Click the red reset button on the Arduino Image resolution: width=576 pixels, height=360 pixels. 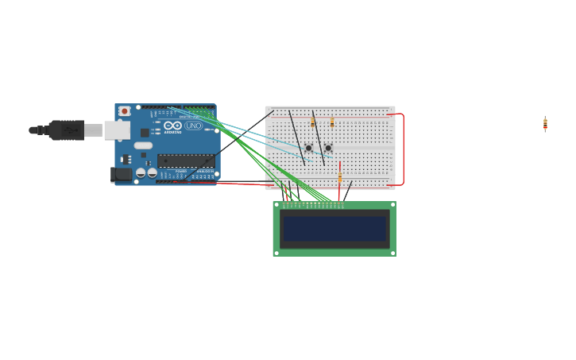click(x=125, y=111)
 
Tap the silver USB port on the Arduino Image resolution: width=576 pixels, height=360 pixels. click(x=117, y=130)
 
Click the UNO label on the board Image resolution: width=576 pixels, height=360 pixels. click(x=194, y=126)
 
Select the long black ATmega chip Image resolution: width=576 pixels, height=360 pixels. click(x=185, y=160)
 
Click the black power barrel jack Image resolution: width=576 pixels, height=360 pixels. click(x=121, y=174)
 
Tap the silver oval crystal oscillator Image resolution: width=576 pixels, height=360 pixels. click(x=143, y=145)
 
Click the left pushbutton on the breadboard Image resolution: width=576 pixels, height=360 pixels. click(x=308, y=148)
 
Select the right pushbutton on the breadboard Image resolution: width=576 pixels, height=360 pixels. click(x=327, y=148)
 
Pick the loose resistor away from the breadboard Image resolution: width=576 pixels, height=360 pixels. click(x=545, y=123)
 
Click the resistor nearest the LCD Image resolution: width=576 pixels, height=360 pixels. click(x=340, y=177)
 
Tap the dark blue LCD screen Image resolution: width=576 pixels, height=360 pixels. click(x=334, y=229)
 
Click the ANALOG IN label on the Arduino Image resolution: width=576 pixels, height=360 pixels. click(x=205, y=171)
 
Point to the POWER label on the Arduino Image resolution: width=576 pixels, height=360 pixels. click(x=181, y=171)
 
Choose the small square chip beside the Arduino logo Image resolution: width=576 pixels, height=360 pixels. click(x=145, y=132)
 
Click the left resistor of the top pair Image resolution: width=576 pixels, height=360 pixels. click(x=313, y=122)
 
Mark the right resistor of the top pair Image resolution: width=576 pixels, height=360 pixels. click(x=332, y=122)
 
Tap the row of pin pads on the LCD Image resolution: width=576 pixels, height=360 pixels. click(x=313, y=205)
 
